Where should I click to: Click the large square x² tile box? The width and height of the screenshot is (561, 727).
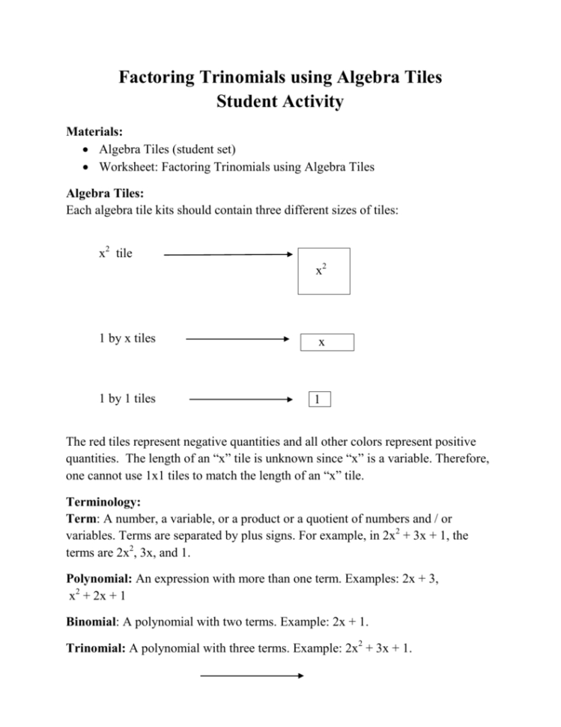322,273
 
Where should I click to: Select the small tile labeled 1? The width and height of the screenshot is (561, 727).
318,399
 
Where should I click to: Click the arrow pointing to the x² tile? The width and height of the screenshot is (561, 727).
228,255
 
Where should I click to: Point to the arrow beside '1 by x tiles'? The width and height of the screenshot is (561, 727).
237,339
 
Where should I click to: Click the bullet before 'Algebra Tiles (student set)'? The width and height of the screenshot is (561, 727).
88,150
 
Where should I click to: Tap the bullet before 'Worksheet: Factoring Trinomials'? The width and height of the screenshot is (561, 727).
88,168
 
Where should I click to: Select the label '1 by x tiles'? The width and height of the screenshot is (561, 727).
127,338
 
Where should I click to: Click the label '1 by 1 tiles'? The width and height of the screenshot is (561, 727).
127,399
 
